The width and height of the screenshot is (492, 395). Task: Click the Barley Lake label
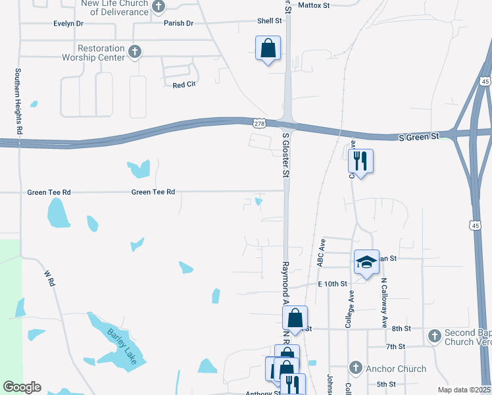[121, 341]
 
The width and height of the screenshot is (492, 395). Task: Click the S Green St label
[419, 137]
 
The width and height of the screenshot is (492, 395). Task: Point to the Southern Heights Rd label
[19, 102]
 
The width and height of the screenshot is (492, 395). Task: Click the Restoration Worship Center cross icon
[135, 52]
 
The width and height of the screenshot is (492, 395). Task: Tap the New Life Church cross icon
[159, 7]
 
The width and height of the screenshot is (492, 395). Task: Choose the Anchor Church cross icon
[355, 368]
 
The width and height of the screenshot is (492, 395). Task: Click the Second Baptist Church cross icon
[434, 336]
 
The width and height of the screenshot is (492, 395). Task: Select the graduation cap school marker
[367, 262]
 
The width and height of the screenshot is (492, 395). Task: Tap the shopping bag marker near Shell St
[268, 48]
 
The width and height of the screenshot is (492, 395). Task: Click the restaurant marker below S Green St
[360, 161]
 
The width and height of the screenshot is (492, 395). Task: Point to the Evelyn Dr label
[68, 24]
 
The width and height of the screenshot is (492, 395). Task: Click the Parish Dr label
[178, 24]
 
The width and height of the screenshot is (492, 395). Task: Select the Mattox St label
[313, 5]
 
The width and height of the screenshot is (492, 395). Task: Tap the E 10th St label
[332, 284]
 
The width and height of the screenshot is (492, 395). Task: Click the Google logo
[22, 387]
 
